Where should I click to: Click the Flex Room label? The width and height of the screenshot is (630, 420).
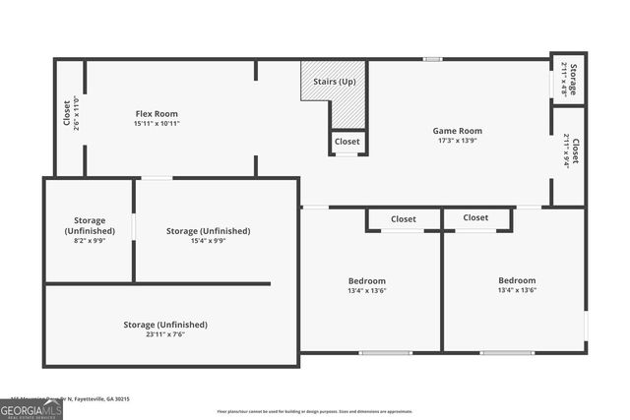157,113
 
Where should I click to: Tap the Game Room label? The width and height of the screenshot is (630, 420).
458,130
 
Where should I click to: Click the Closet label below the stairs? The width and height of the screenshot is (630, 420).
346,142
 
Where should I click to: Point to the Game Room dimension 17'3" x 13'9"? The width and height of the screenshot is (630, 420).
458,141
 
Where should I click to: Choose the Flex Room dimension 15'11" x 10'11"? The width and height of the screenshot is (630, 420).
157,124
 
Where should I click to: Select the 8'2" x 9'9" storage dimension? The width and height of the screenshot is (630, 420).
90,240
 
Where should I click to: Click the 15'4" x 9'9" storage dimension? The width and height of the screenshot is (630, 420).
208,240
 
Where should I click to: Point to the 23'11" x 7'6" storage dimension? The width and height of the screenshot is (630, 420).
165,334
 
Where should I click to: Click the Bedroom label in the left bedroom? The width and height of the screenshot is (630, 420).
366,280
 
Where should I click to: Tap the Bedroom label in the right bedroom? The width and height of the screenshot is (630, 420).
517,280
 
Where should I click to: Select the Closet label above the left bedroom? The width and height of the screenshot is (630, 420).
403,219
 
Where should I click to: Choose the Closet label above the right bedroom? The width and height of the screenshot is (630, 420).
475,217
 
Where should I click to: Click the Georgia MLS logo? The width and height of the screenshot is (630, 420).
31,410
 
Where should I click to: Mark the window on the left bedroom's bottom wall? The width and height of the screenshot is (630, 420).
385,352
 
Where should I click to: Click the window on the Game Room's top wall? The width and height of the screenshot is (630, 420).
432,59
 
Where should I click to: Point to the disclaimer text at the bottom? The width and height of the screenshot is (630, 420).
314,411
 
